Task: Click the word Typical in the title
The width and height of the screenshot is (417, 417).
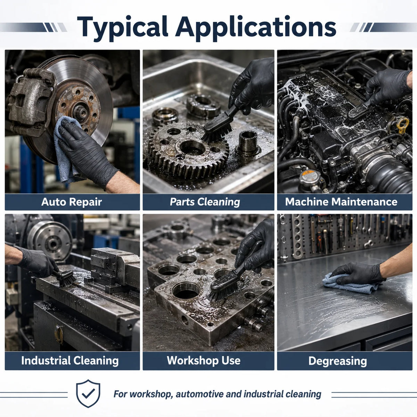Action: [123, 28]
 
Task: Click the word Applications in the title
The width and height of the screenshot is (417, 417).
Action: [255, 28]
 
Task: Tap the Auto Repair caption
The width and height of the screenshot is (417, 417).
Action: [72, 202]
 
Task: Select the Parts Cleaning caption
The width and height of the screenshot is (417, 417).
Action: [205, 202]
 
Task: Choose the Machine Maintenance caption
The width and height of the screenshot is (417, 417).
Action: [341, 202]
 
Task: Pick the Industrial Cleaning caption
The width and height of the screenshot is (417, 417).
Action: [70, 361]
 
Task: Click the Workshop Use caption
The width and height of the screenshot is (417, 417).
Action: [204, 360]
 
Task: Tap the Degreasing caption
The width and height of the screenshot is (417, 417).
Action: [337, 361]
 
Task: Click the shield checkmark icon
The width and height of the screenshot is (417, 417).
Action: [88, 393]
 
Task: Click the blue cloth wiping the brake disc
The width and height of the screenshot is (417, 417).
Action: [66, 149]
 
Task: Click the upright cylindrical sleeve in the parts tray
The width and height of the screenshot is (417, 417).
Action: [248, 142]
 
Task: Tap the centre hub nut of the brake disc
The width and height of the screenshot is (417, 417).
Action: [81, 112]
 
